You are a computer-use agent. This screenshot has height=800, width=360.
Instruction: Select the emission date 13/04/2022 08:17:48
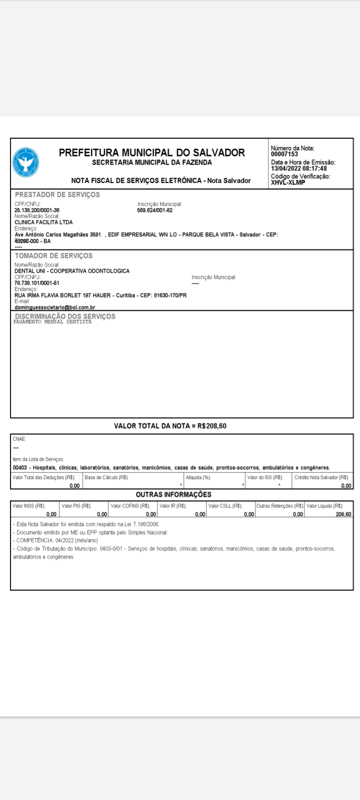(x=299, y=168)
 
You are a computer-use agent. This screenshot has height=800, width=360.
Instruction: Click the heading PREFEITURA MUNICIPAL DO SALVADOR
(x=152, y=152)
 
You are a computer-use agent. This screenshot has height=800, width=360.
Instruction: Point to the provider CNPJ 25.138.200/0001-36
(x=37, y=210)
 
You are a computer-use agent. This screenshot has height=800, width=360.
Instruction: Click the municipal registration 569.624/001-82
(x=155, y=210)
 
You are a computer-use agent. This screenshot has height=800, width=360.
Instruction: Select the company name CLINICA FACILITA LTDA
(x=43, y=222)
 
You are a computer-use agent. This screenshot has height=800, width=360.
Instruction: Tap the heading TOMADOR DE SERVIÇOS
(x=53, y=255)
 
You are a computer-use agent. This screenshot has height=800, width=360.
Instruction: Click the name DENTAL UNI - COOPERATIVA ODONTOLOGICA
(x=72, y=271)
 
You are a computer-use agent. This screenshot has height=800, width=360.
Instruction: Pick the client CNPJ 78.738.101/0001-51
(x=37, y=283)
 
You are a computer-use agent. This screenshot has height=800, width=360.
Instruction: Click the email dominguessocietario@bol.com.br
(x=55, y=307)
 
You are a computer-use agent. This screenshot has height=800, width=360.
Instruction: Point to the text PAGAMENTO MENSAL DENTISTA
(x=53, y=322)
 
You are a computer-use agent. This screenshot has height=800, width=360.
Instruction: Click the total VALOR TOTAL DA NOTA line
(x=170, y=426)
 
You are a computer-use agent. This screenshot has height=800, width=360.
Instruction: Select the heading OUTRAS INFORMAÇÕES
(x=173, y=494)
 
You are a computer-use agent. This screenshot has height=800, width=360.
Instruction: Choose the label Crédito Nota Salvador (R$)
(x=321, y=477)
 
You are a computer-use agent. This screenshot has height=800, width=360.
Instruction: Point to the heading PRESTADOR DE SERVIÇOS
(x=57, y=194)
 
